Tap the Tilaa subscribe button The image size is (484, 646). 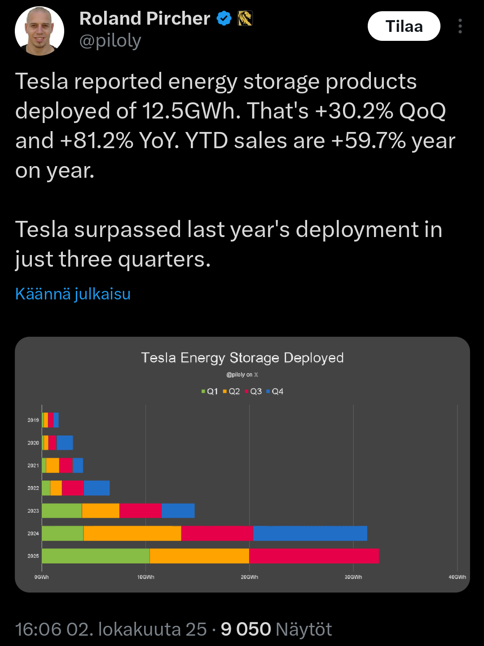(x=404, y=26)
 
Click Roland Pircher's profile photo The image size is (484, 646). (x=40, y=31)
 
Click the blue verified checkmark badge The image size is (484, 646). (x=224, y=18)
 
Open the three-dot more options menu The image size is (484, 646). (x=460, y=26)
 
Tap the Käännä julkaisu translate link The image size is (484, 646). (x=73, y=294)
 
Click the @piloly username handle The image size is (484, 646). (x=110, y=41)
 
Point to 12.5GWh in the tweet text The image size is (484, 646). (x=191, y=111)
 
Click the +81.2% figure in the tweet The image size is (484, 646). (x=97, y=141)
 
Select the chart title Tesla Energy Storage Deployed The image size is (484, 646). (x=242, y=358)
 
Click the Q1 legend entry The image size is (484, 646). (x=210, y=391)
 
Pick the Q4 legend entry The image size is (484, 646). (x=275, y=391)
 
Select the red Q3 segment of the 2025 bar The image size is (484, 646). (x=313, y=556)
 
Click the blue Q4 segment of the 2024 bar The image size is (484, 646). (x=310, y=533)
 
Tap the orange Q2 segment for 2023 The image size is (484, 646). (x=101, y=511)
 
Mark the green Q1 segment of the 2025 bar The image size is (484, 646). (x=95, y=556)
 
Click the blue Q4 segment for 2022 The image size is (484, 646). (x=97, y=488)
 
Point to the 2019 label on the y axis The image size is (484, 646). (x=33, y=420)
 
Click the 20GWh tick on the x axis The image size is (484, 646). (x=249, y=577)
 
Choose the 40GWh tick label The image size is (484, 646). (x=457, y=577)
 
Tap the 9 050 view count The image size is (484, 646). (x=246, y=629)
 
